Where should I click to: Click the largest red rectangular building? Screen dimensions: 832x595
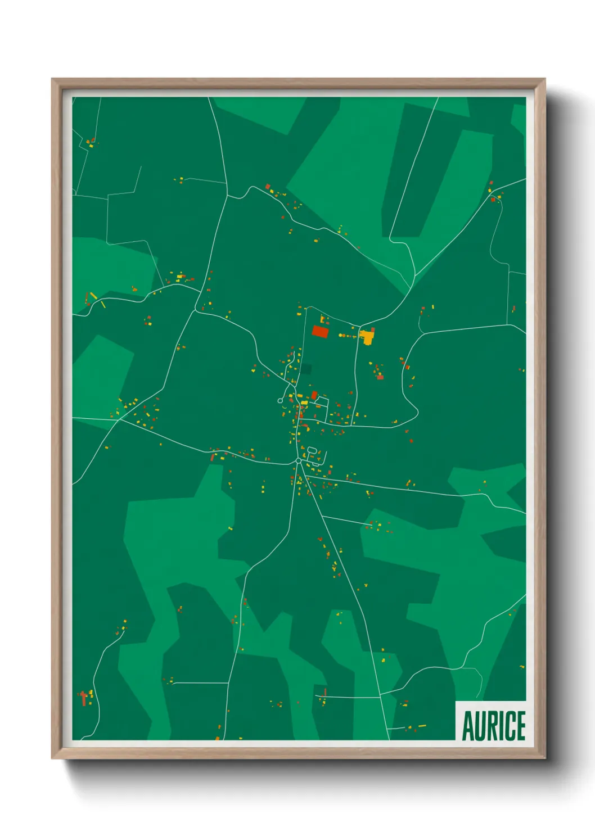[320, 331]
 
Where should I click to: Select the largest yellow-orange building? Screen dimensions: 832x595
[367, 337]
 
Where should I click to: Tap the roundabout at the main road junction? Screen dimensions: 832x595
[298, 460]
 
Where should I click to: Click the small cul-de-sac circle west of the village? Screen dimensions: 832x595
[280, 400]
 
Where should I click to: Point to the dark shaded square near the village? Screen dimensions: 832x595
[305, 369]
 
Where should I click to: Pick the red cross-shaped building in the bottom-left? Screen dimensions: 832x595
[84, 698]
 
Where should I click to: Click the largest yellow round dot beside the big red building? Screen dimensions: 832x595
[340, 335]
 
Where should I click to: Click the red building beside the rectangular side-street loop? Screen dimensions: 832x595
[314, 395]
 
